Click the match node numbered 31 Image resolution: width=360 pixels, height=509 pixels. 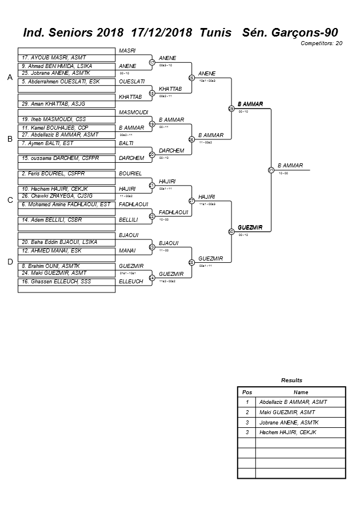coord(271,170)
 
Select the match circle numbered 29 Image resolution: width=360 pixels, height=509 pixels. coord(231,108)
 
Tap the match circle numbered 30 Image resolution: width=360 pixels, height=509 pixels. coord(231,231)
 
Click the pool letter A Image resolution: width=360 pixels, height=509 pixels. coord(9,78)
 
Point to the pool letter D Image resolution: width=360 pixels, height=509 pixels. coord(9,262)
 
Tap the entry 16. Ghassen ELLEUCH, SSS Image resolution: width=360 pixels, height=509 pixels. coord(51,282)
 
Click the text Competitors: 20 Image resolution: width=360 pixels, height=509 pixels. coord(322,43)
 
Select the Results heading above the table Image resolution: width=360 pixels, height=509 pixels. coord(292,380)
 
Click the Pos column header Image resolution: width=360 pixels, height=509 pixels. coord(247,392)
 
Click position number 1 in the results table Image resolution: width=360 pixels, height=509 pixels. coord(247,402)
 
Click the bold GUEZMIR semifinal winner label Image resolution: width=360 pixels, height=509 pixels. coord(250,227)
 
